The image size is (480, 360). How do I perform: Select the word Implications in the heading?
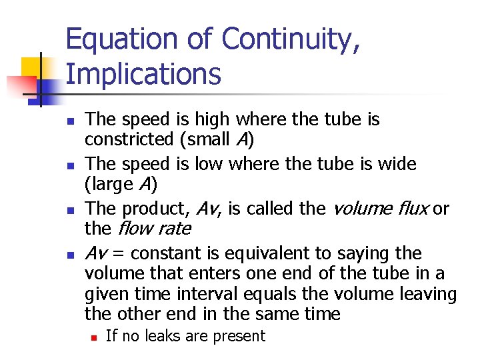click(143, 74)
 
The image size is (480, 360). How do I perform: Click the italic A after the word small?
click(241, 141)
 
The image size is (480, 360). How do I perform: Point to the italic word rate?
click(176, 229)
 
